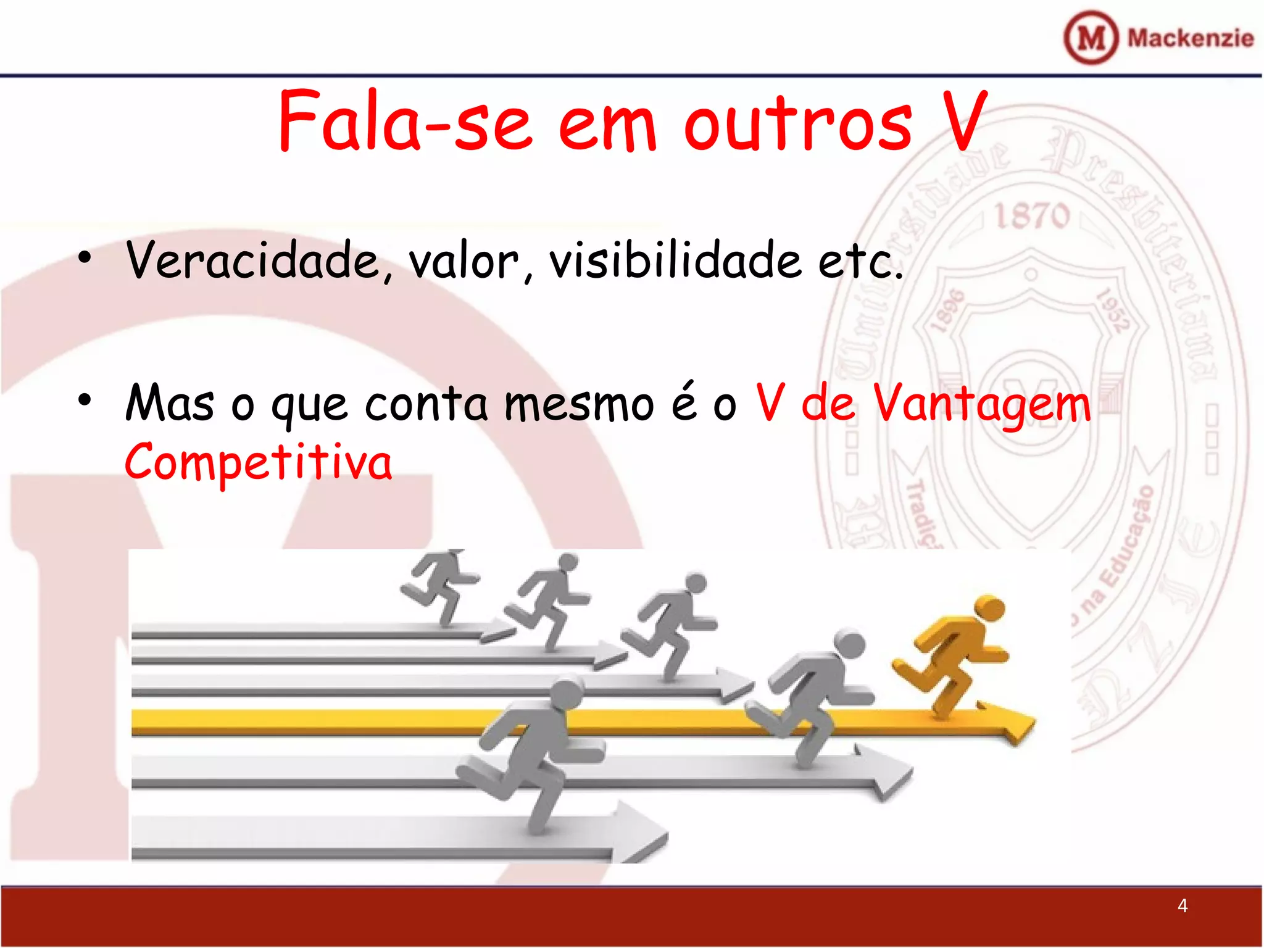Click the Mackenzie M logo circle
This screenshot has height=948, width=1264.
(1091, 38)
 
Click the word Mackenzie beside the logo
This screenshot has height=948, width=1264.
(1190, 38)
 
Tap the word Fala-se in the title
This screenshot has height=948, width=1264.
(405, 121)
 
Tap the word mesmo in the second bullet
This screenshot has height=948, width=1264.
(579, 405)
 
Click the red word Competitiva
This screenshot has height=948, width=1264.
(258, 463)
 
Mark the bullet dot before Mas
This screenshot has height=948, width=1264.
(85, 400)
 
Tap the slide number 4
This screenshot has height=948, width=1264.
(1182, 905)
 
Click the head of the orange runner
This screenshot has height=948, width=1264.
(989, 609)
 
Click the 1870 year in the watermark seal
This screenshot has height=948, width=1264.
(1032, 215)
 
